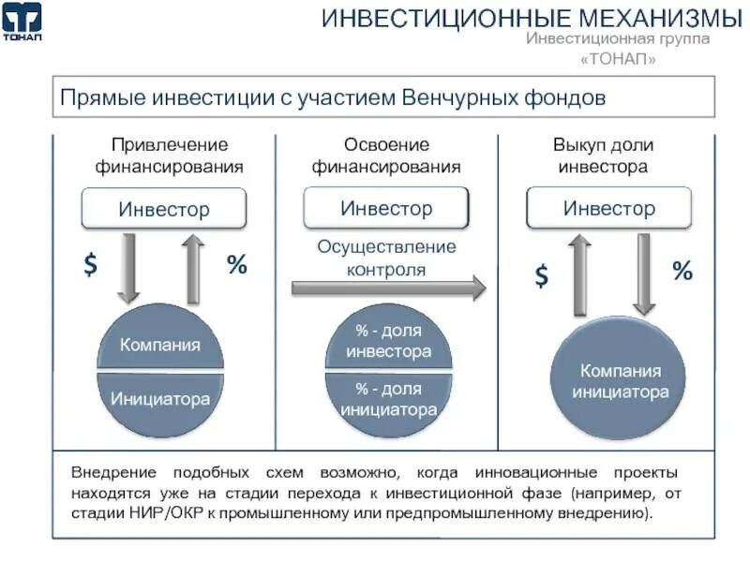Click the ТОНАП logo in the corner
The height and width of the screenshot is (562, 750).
(22, 22)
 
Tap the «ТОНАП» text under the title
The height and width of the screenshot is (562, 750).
(618, 59)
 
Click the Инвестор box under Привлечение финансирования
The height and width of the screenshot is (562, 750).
(164, 209)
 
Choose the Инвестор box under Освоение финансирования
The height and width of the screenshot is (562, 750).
(386, 208)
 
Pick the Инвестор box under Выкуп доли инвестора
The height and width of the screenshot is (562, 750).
(609, 208)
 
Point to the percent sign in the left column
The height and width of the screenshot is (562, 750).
(236, 265)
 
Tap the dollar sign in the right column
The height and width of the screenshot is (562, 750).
(542, 275)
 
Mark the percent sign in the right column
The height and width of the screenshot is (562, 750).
(682, 273)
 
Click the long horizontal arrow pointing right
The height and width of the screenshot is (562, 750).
(388, 288)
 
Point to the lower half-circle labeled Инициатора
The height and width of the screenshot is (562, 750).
(160, 399)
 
